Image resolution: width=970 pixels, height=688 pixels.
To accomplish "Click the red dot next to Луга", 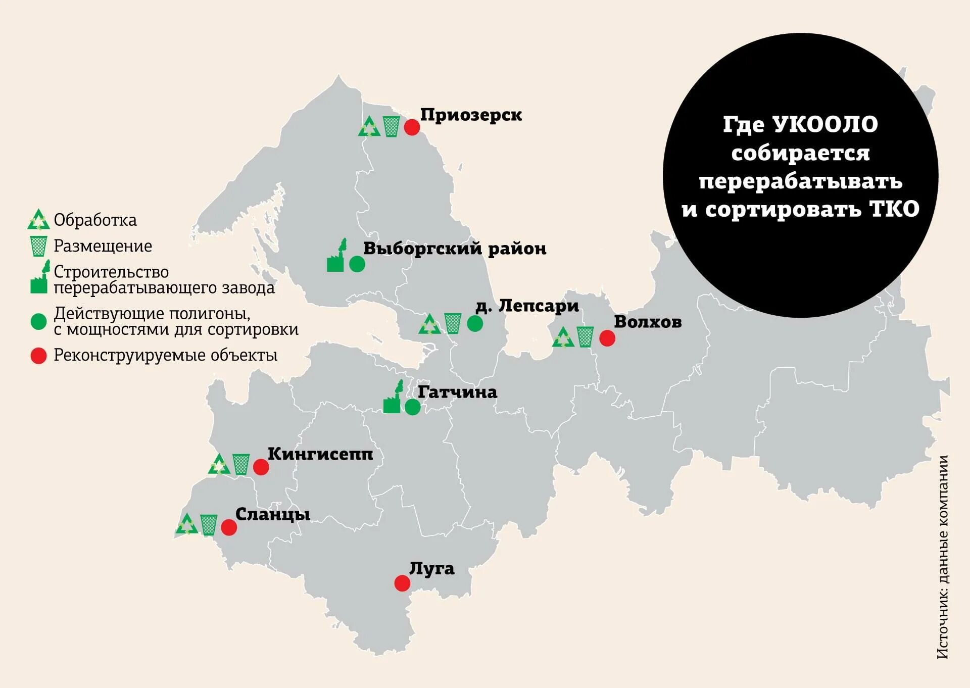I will point(402,583).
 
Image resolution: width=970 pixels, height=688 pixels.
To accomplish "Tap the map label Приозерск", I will point(471,115).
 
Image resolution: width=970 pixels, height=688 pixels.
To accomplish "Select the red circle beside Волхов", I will point(607,338).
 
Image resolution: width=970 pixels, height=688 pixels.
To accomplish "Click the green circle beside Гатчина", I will point(413,407).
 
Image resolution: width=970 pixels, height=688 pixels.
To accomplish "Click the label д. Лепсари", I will point(527,306).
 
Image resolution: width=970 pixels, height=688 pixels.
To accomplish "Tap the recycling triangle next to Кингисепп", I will point(219,465).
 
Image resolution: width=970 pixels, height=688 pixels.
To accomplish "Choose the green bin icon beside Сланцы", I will point(209,525).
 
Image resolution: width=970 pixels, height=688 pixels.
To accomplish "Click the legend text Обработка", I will point(95,220).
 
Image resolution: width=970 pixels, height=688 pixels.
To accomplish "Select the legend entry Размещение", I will point(103,246).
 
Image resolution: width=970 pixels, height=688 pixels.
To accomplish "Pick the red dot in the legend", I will point(39,356).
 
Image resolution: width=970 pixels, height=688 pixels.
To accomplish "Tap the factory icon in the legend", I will point(40,278).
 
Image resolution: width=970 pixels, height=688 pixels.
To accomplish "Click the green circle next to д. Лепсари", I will point(475,323).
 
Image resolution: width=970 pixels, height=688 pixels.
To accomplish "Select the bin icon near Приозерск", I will point(391,126).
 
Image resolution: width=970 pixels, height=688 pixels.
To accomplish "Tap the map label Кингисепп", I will point(320,454).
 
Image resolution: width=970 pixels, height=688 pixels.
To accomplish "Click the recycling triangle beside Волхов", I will point(563,338).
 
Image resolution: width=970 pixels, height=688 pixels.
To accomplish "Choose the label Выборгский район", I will point(455,249).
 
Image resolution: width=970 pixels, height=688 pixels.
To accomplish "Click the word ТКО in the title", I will point(895,209).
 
